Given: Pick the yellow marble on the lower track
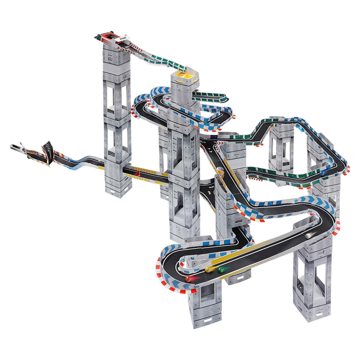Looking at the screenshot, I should (208, 269).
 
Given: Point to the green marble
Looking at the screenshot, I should (220, 270).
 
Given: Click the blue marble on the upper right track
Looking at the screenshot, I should (323, 172).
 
